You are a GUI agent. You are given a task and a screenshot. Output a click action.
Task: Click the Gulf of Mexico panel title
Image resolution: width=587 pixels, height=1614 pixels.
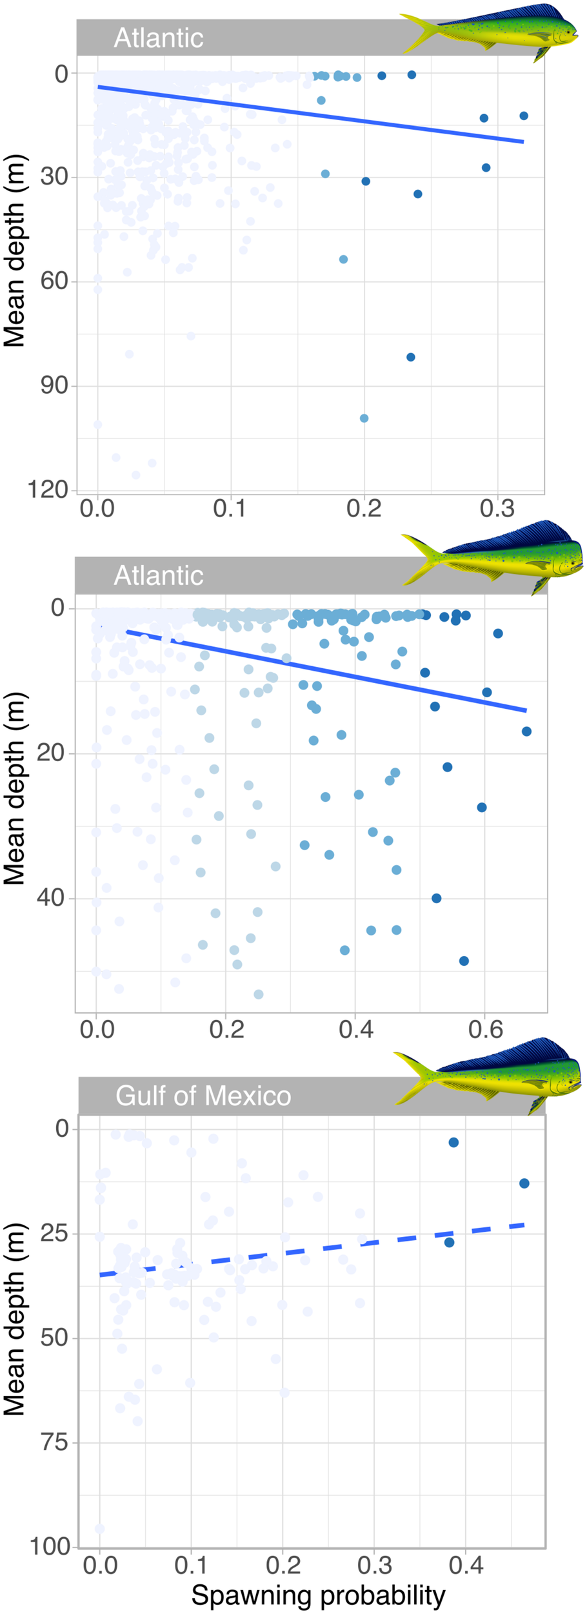203,1096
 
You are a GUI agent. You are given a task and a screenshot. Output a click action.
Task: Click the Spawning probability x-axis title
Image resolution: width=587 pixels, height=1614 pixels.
318,1595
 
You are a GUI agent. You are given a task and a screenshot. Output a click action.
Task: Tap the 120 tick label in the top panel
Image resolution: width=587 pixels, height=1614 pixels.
48,489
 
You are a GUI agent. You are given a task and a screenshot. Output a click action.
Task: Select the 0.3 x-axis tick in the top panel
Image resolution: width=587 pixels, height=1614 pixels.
497,509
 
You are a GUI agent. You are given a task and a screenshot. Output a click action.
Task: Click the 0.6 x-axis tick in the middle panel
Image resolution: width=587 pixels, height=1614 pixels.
485,1029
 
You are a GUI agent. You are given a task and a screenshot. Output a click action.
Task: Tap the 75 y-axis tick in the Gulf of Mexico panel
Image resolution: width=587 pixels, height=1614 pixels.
54,1442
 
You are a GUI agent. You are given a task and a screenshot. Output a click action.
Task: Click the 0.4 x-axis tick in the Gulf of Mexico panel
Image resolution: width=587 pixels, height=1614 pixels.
466,1566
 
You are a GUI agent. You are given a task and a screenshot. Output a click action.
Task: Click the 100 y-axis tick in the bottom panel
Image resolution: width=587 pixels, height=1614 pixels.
50,1547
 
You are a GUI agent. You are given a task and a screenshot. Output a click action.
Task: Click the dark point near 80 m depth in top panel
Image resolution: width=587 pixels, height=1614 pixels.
411,357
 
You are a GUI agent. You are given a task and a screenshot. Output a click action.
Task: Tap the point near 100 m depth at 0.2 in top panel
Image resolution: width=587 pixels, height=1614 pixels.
364,418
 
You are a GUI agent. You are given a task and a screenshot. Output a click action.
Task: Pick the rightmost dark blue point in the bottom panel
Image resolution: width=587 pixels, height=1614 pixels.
524,1183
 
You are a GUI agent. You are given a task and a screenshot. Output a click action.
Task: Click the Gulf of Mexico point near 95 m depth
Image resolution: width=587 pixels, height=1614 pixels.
99,1529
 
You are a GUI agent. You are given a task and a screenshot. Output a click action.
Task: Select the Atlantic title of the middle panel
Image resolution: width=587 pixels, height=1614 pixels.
159,575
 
